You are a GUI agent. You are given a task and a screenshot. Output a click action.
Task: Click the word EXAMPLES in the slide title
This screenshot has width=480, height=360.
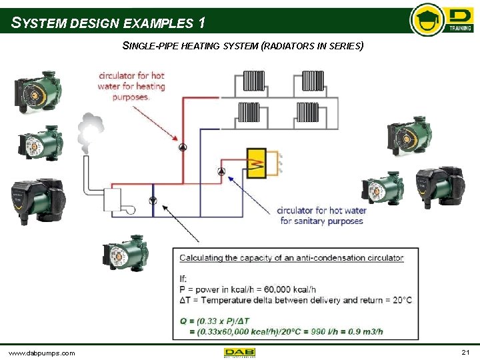point(158,23)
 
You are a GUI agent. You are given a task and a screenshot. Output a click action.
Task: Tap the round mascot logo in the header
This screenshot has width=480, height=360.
point(426,20)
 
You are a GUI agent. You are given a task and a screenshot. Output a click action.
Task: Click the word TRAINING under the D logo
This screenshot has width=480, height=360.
point(460,29)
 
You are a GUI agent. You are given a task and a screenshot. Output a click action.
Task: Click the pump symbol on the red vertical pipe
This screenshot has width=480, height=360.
point(183,147)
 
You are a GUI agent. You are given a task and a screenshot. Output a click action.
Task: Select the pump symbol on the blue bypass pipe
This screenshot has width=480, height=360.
point(152,200)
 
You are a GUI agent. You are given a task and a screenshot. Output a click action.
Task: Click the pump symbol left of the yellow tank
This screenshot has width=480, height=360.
point(221,171)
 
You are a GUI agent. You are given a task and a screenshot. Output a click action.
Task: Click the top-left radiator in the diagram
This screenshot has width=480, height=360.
point(254,81)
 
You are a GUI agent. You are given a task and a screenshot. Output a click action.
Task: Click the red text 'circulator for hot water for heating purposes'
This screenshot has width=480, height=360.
point(131,85)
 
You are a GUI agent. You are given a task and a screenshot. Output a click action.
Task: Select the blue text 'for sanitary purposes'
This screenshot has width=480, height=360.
point(322,221)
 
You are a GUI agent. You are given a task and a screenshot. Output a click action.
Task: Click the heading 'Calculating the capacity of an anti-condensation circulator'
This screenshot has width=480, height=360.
point(291,257)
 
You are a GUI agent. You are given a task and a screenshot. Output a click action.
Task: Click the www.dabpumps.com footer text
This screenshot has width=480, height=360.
point(41,352)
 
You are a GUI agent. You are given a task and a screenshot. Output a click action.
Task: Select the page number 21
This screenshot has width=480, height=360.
point(465,351)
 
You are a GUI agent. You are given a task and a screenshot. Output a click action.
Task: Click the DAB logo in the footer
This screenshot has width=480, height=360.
point(240,352)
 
